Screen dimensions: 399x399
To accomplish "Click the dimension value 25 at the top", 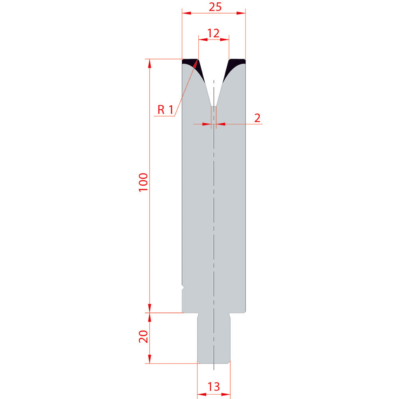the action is (x=215, y=7).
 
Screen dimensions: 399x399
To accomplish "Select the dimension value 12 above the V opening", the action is (x=213, y=33).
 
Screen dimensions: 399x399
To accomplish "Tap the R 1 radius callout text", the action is (x=166, y=110).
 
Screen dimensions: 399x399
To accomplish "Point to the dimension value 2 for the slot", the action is (x=257, y=118).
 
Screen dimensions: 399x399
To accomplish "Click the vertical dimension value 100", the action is (x=143, y=182).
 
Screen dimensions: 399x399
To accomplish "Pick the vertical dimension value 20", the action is (x=143, y=337).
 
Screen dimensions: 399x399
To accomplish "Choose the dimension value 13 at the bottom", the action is (x=213, y=387).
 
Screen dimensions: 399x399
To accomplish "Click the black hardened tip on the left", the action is (x=195, y=67).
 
